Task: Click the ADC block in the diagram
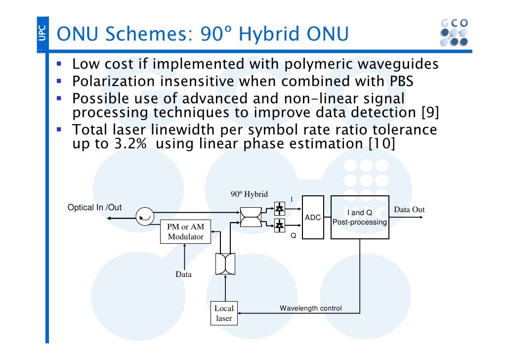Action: (313, 217)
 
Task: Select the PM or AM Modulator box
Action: (185, 231)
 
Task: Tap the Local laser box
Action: (224, 314)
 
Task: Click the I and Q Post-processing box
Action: (359, 217)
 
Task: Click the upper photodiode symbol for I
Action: (280, 209)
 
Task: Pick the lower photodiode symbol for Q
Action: (280, 225)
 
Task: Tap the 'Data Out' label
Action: (409, 210)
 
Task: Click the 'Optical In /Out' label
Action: (94, 207)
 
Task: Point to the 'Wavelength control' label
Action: (310, 308)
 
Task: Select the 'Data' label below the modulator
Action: (184, 274)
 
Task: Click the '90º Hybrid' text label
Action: (249, 194)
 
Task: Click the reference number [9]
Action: (430, 113)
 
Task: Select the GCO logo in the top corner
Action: (453, 33)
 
